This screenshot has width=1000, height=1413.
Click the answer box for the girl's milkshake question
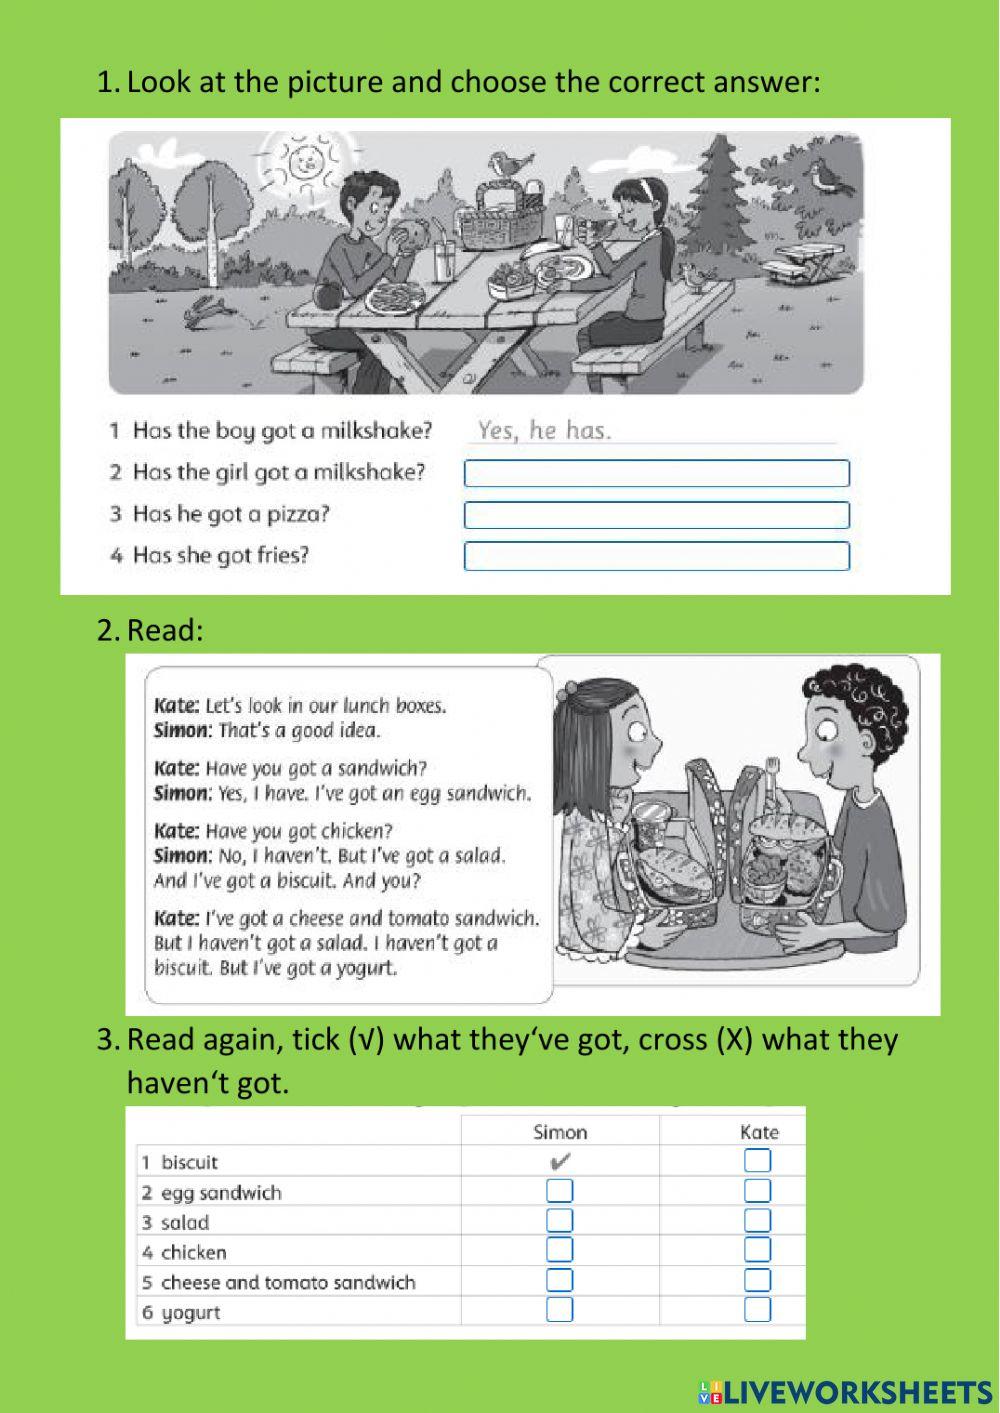pos(656,473)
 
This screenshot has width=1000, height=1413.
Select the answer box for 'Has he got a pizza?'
pos(656,515)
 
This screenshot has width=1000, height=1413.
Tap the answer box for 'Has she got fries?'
pos(656,556)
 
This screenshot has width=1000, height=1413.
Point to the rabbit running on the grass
pos(205,310)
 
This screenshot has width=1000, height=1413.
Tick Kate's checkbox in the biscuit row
pos(757,1161)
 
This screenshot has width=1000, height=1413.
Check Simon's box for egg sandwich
pos(560,1191)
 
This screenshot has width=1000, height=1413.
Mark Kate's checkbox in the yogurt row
pos(757,1310)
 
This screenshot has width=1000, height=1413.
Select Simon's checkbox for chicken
pos(560,1250)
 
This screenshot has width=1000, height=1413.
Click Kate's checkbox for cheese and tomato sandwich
pos(757,1280)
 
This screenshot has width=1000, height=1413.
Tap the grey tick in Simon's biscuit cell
pos(560,1161)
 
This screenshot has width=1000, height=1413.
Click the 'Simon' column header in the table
pos(560,1132)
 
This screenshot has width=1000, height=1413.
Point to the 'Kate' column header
pos(759,1132)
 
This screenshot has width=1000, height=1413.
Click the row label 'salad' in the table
pos(185,1222)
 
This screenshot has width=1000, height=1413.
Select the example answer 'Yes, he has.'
pos(544,431)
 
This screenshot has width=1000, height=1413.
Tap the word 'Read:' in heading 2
pos(165,630)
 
